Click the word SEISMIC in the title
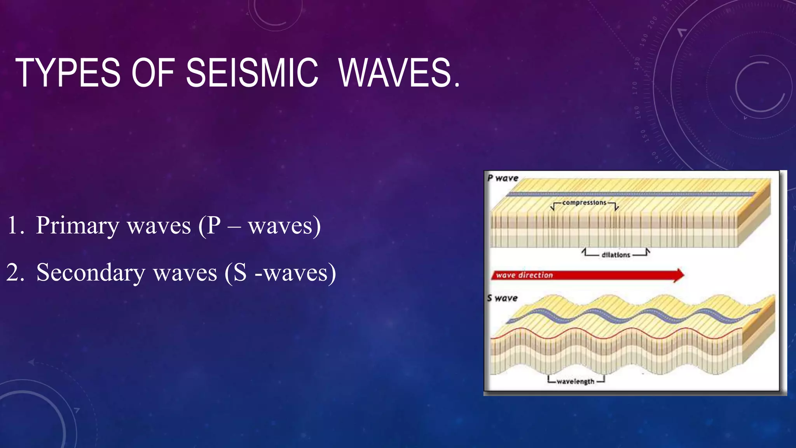(252, 73)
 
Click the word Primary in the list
(77, 226)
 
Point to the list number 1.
(15, 226)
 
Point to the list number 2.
(15, 273)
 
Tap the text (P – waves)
(260, 226)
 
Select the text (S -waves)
(280, 273)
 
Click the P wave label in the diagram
(503, 178)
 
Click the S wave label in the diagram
(502, 298)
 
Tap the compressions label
(584, 203)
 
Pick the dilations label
(616, 255)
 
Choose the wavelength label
(575, 381)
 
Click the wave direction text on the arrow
(524, 275)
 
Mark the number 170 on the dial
(635, 88)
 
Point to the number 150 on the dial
(643, 136)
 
